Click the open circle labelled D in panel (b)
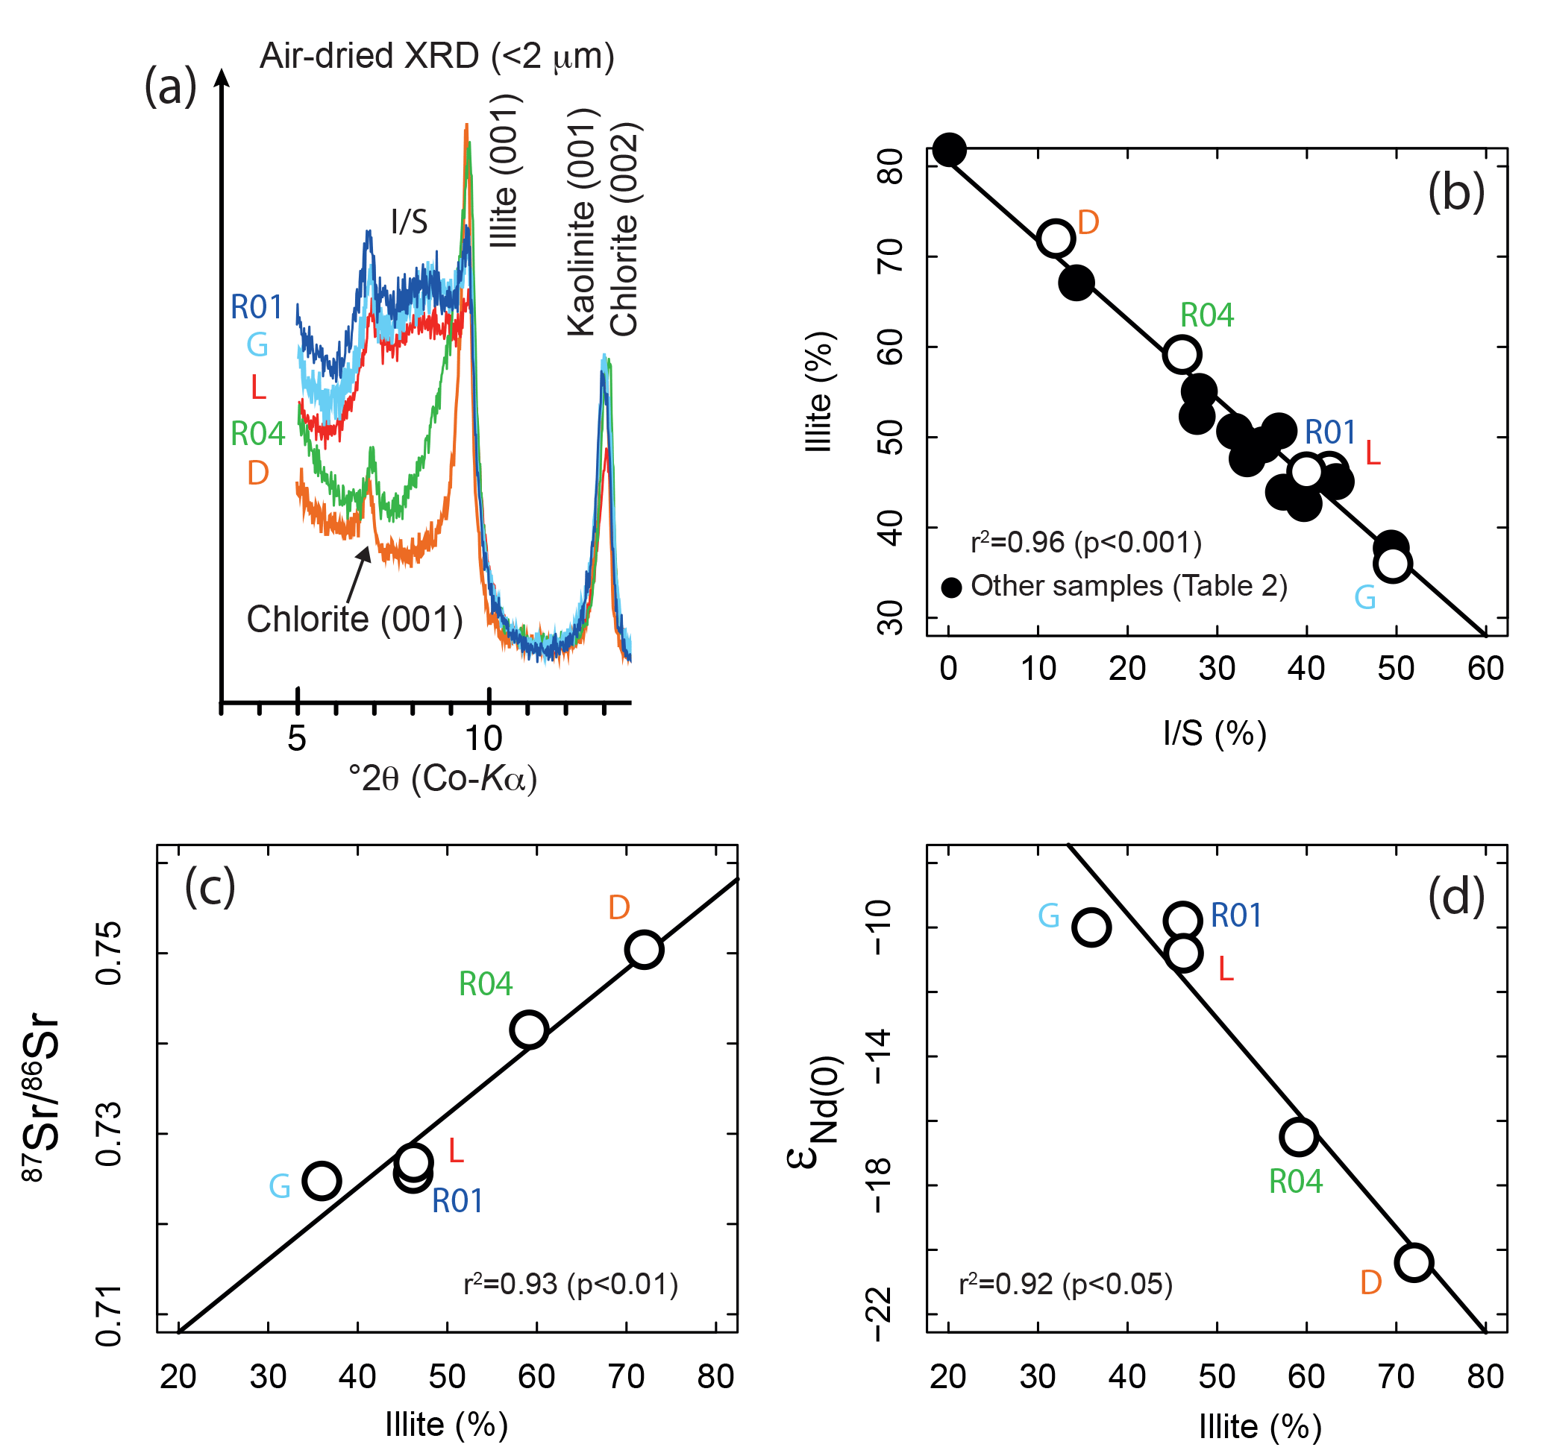[1056, 239]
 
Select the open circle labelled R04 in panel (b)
[1182, 355]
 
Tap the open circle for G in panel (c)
[322, 1180]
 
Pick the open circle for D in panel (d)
[1414, 1262]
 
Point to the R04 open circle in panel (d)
[1299, 1136]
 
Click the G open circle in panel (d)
[1091, 927]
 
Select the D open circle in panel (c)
[645, 950]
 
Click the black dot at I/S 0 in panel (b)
[949, 149]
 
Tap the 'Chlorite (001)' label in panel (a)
[355, 620]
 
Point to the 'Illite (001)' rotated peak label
[505, 171]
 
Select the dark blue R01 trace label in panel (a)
[256, 307]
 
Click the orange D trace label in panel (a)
[258, 473]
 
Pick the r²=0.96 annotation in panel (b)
[1085, 542]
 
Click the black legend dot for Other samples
[951, 587]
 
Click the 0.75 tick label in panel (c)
[109, 953]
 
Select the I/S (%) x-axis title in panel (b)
[1215, 733]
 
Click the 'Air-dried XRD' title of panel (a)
[436, 56]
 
